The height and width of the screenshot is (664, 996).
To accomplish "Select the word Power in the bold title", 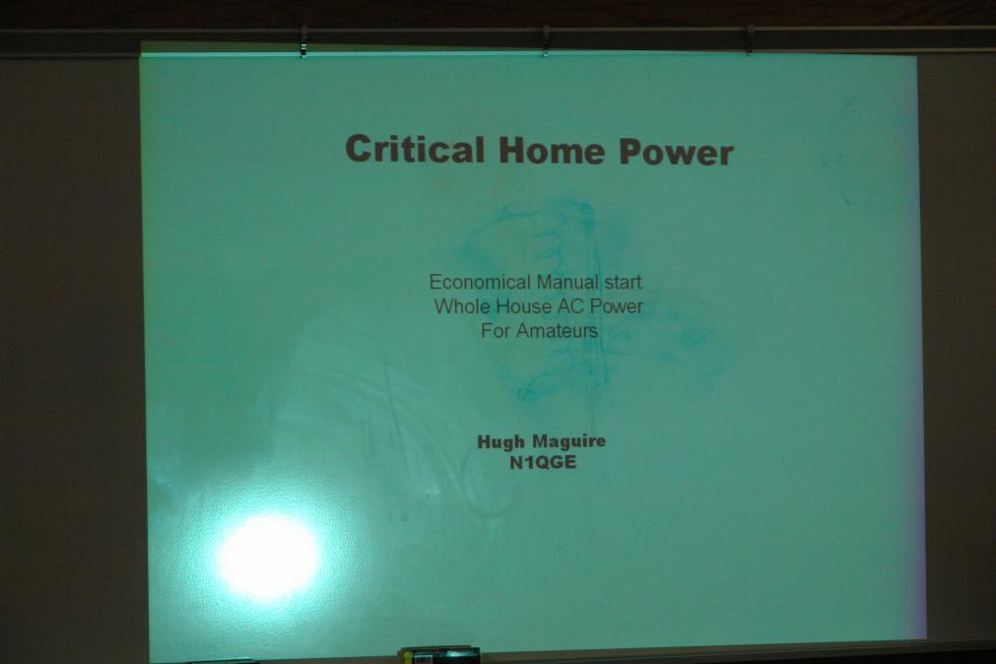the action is coord(676,153).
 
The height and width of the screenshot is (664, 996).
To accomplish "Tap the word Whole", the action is coord(462,306).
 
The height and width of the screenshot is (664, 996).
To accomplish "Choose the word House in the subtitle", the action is coord(523,306).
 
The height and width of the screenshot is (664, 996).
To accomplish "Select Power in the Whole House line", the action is coord(616,307).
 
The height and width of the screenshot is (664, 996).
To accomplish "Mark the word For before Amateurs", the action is coord(496,330).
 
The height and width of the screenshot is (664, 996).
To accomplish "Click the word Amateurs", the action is coord(557,331).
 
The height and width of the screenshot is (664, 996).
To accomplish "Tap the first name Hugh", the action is coord(500,441).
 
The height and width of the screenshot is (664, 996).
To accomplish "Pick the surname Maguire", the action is coord(568,441).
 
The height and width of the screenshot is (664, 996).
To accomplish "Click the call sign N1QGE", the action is coord(543,462).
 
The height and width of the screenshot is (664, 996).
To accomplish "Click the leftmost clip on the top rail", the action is coord(303,42).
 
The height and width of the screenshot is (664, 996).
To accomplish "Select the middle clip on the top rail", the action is coord(545,41).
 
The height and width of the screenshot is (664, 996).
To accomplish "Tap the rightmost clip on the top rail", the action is coord(750,40).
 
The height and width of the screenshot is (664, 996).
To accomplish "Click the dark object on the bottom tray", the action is coord(439,655).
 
